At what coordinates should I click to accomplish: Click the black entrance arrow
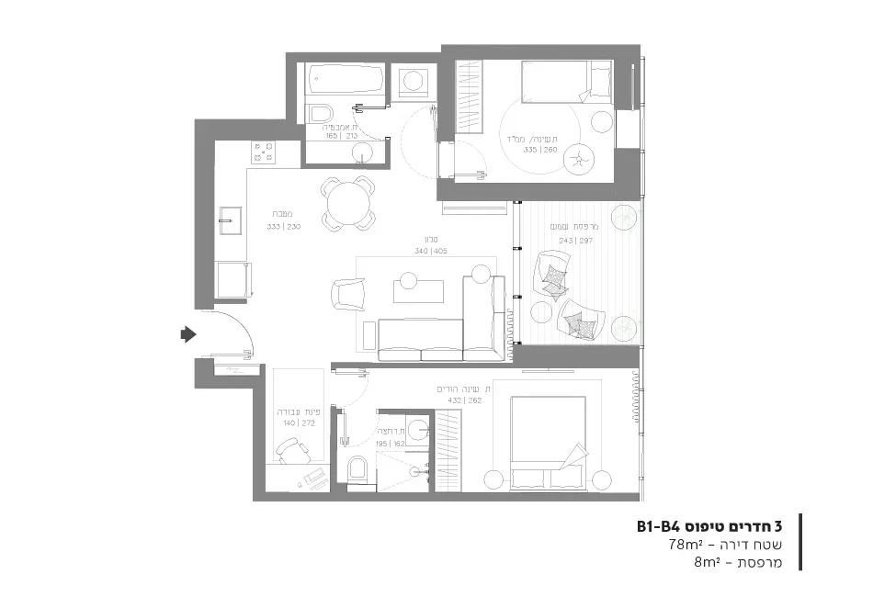(188, 334)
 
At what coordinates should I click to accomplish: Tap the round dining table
(348, 202)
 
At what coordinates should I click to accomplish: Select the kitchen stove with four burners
(263, 152)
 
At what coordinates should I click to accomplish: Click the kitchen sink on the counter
(230, 218)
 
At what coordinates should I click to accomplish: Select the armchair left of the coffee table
(346, 296)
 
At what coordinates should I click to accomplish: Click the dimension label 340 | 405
(430, 251)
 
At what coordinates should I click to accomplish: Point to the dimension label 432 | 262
(463, 401)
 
